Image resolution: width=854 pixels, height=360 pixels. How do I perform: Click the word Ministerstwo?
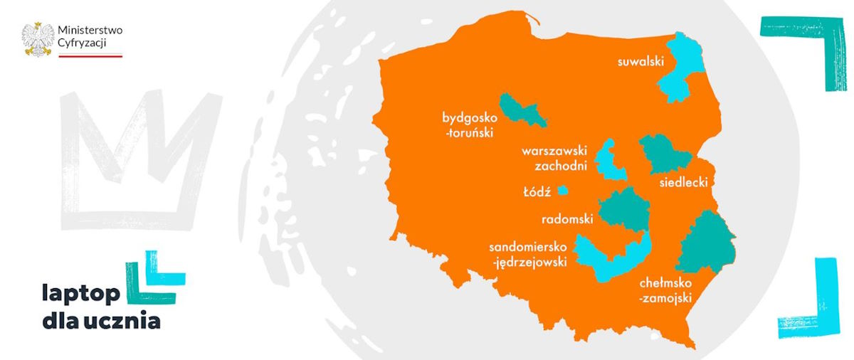[x=90, y=31]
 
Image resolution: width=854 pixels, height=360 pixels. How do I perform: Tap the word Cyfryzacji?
[x=83, y=44]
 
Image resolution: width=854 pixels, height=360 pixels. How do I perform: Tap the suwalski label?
[x=640, y=62]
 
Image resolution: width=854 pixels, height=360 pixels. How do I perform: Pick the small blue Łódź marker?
[x=563, y=190]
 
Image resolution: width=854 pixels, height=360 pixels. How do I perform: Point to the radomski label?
[x=567, y=219]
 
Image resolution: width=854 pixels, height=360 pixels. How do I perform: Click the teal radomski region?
[x=624, y=209]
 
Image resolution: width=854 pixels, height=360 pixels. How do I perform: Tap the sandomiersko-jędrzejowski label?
[x=527, y=254]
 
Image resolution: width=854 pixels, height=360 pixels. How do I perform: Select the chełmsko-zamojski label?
[x=665, y=290]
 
